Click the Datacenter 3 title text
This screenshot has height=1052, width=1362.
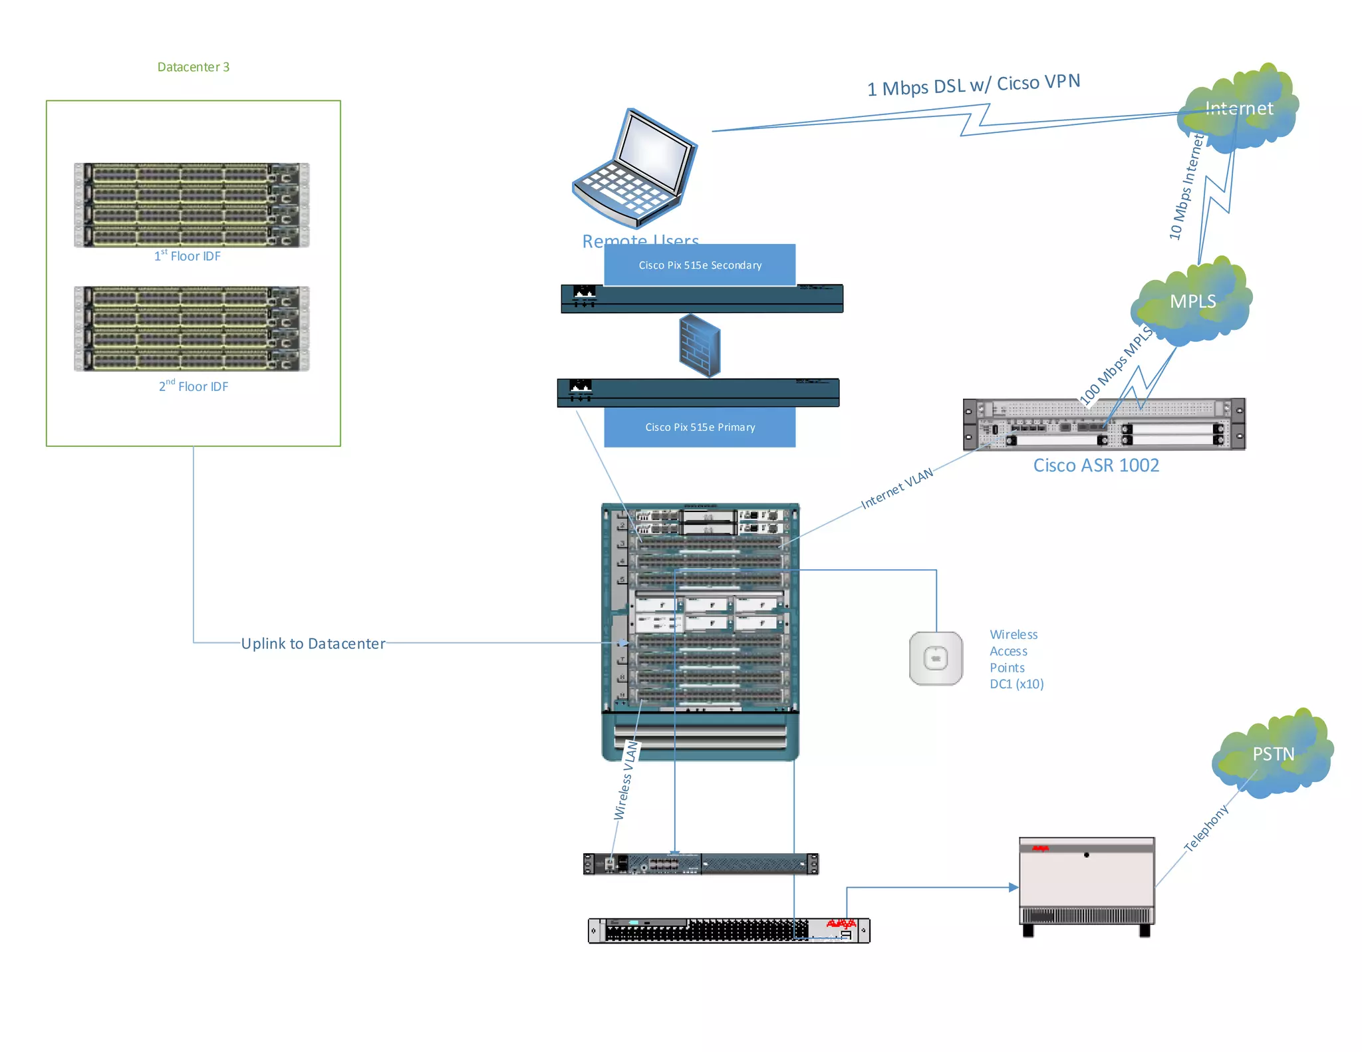pyautogui.click(x=193, y=67)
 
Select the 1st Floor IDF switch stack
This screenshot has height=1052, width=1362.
pyautogui.click(x=192, y=205)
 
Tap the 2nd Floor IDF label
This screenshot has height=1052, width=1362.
pyautogui.click(x=194, y=386)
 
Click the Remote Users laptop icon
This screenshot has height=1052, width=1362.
pyautogui.click(x=635, y=169)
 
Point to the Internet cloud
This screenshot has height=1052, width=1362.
pyautogui.click(x=1238, y=109)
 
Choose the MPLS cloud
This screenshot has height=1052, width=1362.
pyautogui.click(x=1192, y=302)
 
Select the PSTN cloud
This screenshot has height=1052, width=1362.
pyautogui.click(x=1273, y=754)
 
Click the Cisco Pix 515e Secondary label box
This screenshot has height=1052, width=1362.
pyautogui.click(x=700, y=265)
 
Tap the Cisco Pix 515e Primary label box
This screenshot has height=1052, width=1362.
pyautogui.click(x=700, y=427)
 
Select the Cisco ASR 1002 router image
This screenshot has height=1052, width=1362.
pyautogui.click(x=1104, y=425)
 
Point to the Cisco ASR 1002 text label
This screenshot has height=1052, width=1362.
pyautogui.click(x=1096, y=465)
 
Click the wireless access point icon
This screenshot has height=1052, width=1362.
pyautogui.click(x=936, y=658)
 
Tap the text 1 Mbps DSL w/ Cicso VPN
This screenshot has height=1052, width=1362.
pyautogui.click(x=973, y=85)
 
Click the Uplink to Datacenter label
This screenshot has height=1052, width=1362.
pyautogui.click(x=313, y=644)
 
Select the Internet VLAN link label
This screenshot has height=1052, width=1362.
pyautogui.click(x=896, y=489)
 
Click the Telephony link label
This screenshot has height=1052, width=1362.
pyautogui.click(x=1206, y=829)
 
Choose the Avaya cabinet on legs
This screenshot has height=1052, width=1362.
pyautogui.click(x=1087, y=884)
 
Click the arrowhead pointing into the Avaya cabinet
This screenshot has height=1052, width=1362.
pyautogui.click(x=1013, y=887)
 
